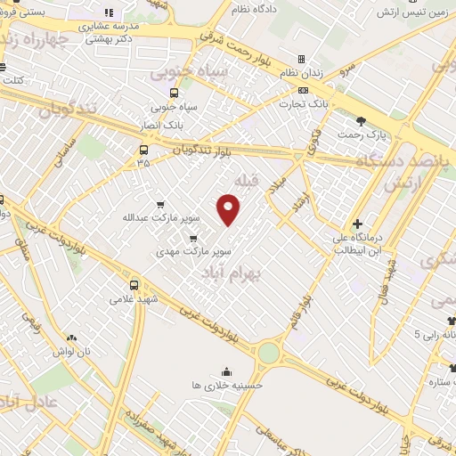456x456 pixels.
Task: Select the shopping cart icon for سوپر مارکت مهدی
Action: tap(193, 239)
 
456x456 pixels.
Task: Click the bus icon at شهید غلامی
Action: tap(134, 285)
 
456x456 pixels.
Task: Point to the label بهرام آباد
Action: tap(224, 275)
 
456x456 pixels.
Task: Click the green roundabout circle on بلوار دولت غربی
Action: tap(268, 353)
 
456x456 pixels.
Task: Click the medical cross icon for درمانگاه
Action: tap(357, 224)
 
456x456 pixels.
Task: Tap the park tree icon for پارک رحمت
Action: tap(360, 121)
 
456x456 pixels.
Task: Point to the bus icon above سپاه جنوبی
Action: tap(173, 93)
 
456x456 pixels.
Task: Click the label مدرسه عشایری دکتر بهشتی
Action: tap(106, 32)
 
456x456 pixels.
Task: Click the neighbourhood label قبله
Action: tap(244, 181)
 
